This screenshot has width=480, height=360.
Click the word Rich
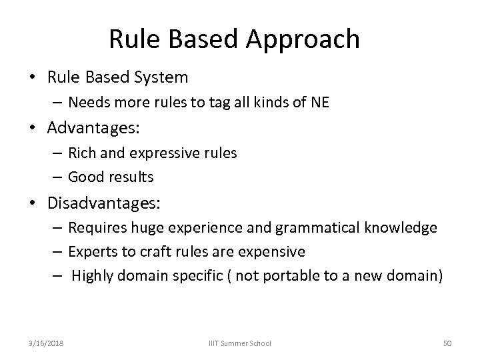83,153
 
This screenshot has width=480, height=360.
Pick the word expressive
165,153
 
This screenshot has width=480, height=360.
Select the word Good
85,177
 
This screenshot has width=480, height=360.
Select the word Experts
93,252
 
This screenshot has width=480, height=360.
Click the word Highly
93,276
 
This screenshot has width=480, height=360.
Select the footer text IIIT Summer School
239,343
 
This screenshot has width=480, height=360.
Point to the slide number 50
447,343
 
